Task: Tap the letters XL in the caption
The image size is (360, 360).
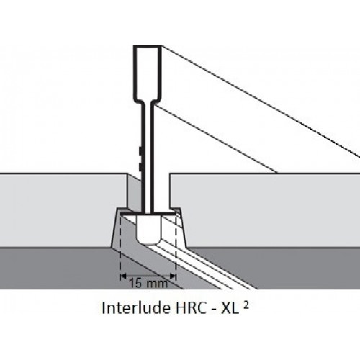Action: tap(230, 307)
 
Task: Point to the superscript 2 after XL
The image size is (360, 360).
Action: tap(246, 305)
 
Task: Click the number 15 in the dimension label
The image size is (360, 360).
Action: tap(135, 283)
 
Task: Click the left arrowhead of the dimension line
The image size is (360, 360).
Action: tap(123, 276)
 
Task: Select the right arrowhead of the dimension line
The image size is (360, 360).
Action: tap(173, 276)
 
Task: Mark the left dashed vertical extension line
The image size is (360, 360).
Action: tap(120, 247)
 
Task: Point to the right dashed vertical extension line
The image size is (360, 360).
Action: tap(176, 247)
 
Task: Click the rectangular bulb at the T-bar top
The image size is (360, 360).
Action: tap(147, 73)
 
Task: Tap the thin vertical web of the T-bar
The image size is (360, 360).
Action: tap(147, 157)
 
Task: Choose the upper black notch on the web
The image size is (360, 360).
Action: tap(140, 150)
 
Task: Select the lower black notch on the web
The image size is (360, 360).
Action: tap(140, 166)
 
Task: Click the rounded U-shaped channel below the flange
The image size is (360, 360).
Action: tap(149, 230)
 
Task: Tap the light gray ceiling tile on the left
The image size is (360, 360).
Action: tap(60, 210)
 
